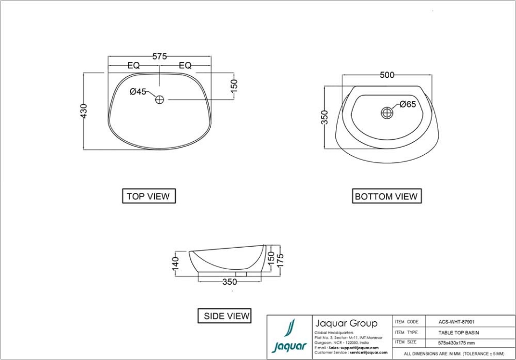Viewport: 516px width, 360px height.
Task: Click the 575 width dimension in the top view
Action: pos(160,56)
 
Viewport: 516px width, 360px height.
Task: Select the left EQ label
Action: pos(133,66)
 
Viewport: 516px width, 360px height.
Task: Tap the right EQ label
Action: pos(185,66)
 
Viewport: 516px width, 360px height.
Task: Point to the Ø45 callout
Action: pos(138,92)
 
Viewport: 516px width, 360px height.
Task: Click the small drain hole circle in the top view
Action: pos(160,99)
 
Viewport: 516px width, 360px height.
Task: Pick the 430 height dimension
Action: pos(84,111)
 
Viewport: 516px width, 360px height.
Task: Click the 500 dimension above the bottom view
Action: pos(387,75)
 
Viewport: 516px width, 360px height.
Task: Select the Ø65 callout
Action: pos(407,105)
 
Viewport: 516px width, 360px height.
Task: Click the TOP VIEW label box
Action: pos(148,196)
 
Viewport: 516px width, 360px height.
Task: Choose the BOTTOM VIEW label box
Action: pos(386,196)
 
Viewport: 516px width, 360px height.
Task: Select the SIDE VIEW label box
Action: pos(226,316)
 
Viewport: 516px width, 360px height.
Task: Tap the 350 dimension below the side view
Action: pos(230,282)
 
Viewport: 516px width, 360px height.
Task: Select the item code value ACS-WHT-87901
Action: pos(456,322)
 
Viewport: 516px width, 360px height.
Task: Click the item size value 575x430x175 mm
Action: pos(456,342)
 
